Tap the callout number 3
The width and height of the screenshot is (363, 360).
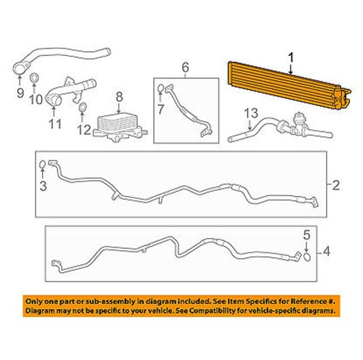pos(43,187)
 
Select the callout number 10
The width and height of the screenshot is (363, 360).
pos(35,98)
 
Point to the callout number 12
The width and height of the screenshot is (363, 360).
pos(85,131)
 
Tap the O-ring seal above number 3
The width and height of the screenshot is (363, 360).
pos(42,165)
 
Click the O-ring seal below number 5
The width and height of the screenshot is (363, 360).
pos(307,255)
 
